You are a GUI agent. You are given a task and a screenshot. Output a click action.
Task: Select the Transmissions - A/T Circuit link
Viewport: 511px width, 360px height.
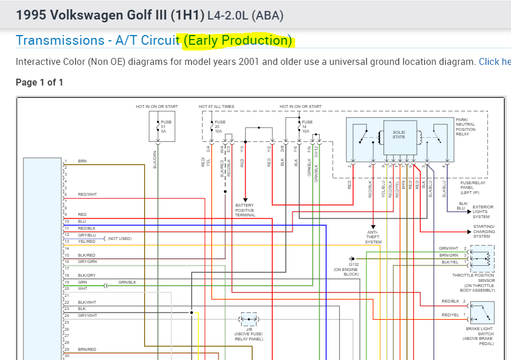[x=97, y=40]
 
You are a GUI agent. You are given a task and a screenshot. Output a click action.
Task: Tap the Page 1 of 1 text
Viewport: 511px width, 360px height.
[x=40, y=82]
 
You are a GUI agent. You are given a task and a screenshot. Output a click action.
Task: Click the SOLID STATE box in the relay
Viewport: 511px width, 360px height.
[x=399, y=135]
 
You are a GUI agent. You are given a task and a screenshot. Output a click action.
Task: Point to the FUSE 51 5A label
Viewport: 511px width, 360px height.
[x=166, y=127]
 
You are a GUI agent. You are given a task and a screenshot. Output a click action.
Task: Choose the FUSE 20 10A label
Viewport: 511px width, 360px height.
[x=220, y=127]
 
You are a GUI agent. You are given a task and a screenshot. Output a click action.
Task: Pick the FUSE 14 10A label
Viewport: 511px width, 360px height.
[x=307, y=127]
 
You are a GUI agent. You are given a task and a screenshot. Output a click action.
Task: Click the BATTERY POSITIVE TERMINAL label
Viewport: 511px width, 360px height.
[x=245, y=210]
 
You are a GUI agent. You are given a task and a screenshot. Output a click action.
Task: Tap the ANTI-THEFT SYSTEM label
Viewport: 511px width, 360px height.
[x=373, y=237]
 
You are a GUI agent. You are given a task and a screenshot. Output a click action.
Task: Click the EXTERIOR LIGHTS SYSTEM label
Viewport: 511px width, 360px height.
[x=483, y=212]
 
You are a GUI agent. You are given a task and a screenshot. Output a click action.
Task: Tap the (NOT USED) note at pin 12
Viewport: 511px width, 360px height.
[x=119, y=238]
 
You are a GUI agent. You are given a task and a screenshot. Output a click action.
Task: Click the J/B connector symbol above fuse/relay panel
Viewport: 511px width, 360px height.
[x=249, y=319]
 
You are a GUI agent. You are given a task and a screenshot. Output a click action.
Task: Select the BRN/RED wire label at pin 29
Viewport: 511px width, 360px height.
[x=87, y=349]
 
